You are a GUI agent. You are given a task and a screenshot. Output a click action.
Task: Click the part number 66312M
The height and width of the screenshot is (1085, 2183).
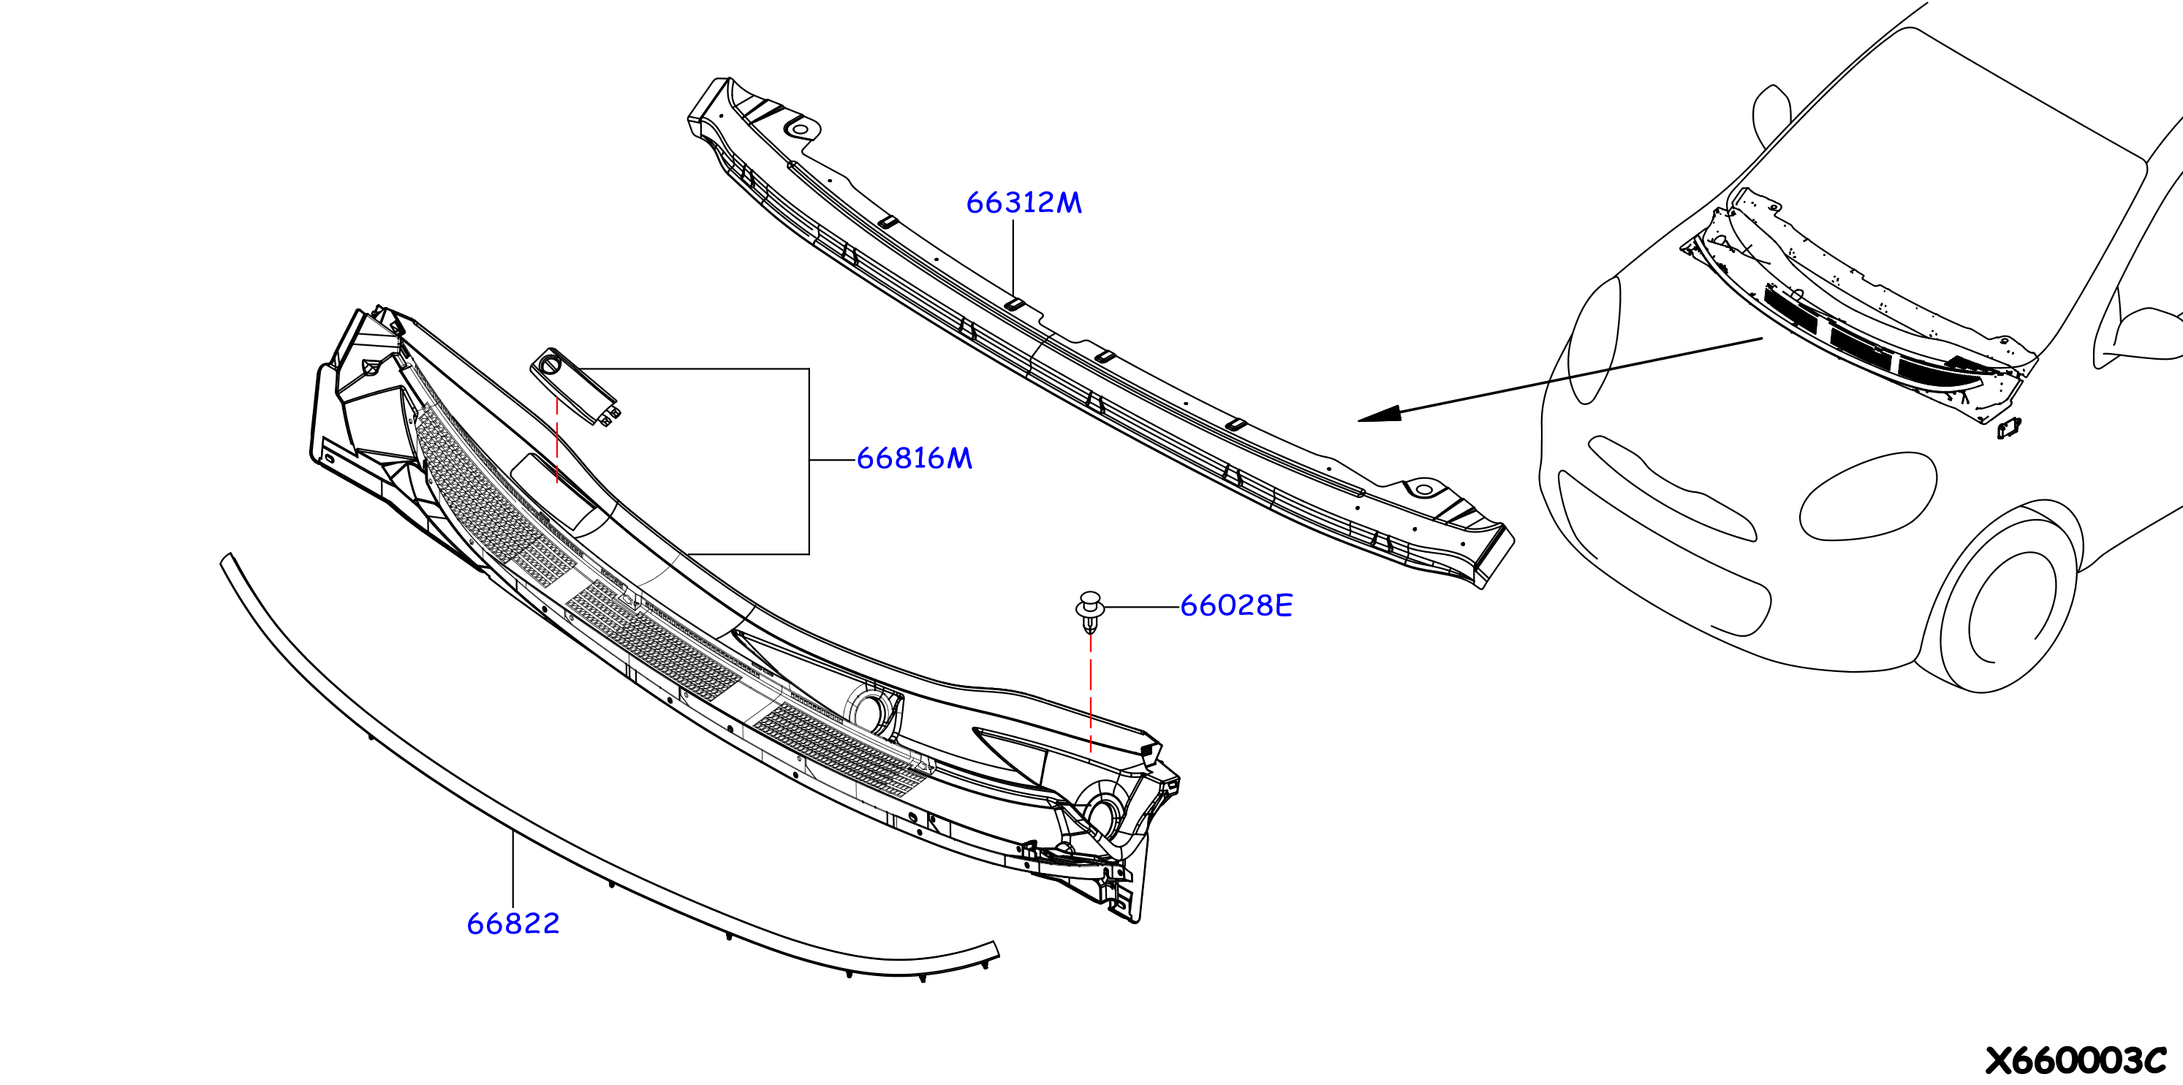[1024, 203]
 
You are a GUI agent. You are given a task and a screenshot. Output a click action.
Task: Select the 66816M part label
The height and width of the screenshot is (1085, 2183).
[915, 458]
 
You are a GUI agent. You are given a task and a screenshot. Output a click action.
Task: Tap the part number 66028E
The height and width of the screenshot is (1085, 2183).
[1236, 605]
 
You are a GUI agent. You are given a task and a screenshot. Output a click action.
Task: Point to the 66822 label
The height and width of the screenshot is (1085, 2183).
[513, 923]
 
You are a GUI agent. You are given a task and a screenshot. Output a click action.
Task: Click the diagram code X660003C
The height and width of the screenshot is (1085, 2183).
[2076, 1060]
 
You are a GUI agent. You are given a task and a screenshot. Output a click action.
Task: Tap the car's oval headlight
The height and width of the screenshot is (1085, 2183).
[1868, 495]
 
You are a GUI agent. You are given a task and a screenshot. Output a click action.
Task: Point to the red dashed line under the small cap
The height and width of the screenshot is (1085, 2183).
[557, 441]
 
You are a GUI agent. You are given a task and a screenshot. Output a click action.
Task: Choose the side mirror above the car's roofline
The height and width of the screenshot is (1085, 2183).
[1770, 116]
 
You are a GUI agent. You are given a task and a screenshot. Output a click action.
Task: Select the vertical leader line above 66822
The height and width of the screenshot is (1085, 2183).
[512, 870]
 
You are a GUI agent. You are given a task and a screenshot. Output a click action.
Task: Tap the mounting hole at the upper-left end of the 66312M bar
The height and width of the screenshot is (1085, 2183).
[798, 129]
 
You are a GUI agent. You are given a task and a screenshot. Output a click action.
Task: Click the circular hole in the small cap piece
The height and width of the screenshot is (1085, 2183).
[548, 366]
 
